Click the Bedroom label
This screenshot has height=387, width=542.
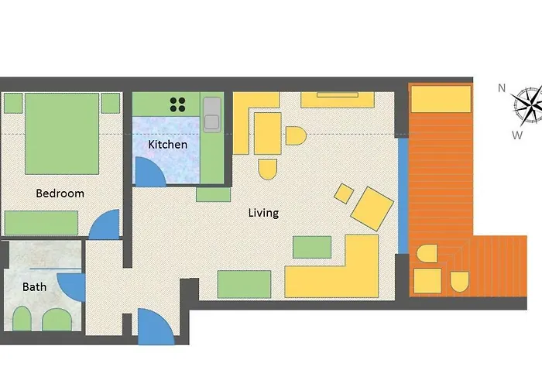(60, 193)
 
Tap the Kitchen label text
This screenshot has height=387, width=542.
(167, 145)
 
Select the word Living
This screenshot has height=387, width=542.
(263, 212)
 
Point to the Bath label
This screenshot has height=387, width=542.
(34, 286)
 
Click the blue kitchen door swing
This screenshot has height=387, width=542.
(147, 173)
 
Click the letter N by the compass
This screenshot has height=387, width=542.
(502, 88)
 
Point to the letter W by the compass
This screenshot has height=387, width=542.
(516, 135)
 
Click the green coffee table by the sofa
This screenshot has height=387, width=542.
(312, 247)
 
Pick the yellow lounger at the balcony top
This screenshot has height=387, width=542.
(441, 99)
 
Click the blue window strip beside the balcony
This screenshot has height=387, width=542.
(402, 193)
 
